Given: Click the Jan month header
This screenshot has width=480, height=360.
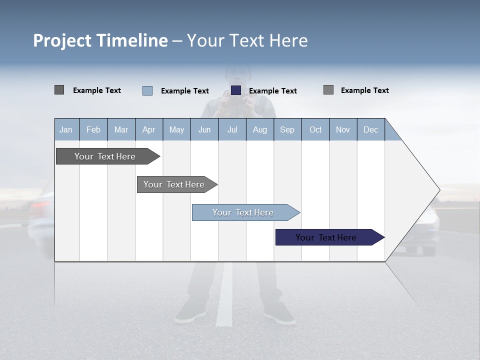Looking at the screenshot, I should [x=66, y=129].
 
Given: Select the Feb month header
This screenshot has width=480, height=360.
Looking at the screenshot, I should [x=93, y=129].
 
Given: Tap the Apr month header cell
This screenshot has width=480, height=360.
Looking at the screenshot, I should [x=148, y=129].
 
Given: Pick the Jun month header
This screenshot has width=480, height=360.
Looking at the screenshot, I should [x=204, y=129].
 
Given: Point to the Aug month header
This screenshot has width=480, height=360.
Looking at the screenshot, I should [x=259, y=129].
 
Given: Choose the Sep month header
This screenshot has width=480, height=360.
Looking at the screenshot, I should [x=287, y=129].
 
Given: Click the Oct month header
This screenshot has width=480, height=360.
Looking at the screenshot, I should [x=315, y=129].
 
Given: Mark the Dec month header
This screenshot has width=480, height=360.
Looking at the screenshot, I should [x=370, y=129].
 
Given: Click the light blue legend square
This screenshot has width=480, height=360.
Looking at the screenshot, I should [x=147, y=90].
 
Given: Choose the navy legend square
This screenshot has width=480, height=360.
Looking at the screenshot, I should [x=236, y=90].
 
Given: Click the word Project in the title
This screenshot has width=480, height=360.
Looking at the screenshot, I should [x=62, y=40].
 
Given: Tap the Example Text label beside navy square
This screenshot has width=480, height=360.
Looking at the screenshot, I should [x=272, y=91].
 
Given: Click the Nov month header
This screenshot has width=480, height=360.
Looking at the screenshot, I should [x=342, y=129].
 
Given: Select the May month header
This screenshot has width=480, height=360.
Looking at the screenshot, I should [x=176, y=129].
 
